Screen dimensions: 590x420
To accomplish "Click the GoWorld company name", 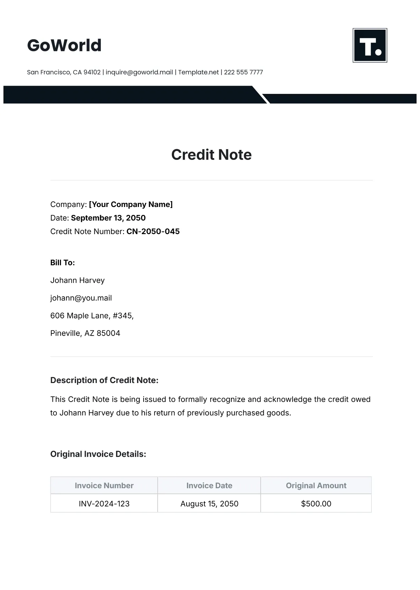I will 64,45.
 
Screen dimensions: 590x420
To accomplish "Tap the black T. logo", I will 370,45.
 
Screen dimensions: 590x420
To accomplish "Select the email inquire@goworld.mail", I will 139,72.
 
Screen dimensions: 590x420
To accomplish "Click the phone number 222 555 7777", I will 243,72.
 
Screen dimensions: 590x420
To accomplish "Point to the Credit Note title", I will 211,155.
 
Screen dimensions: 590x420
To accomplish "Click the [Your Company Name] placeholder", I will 131,204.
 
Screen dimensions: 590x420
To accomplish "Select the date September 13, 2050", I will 108,218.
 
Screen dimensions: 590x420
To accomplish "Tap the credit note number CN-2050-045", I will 153,231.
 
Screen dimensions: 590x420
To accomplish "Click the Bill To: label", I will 63,263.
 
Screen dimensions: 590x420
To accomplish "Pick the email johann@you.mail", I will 81,298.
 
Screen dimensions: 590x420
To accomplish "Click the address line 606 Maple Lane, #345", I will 92,316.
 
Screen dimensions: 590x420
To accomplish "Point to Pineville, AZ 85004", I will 85,333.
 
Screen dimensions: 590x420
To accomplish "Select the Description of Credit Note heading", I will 104,380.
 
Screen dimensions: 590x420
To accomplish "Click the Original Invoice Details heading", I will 98,454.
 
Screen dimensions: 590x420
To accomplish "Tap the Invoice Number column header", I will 104,485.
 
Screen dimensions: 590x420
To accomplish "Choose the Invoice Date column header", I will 209,485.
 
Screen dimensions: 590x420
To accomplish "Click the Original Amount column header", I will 316,485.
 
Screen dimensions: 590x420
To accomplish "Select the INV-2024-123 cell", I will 104,504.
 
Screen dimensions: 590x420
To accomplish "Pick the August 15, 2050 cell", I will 209,504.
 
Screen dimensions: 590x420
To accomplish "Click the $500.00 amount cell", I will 316,504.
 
